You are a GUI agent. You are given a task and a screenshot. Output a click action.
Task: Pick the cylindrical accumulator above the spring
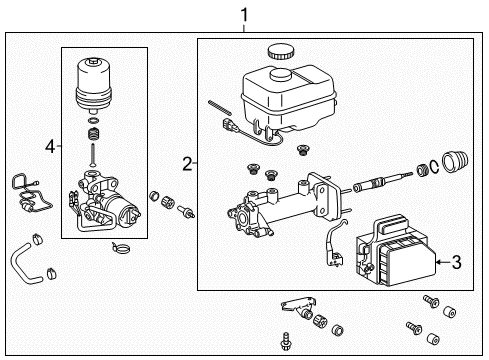pos(95,84)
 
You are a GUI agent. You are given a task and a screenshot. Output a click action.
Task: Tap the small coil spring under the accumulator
pos(93,133)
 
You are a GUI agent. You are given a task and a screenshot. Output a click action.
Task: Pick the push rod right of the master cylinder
pos(379,185)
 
